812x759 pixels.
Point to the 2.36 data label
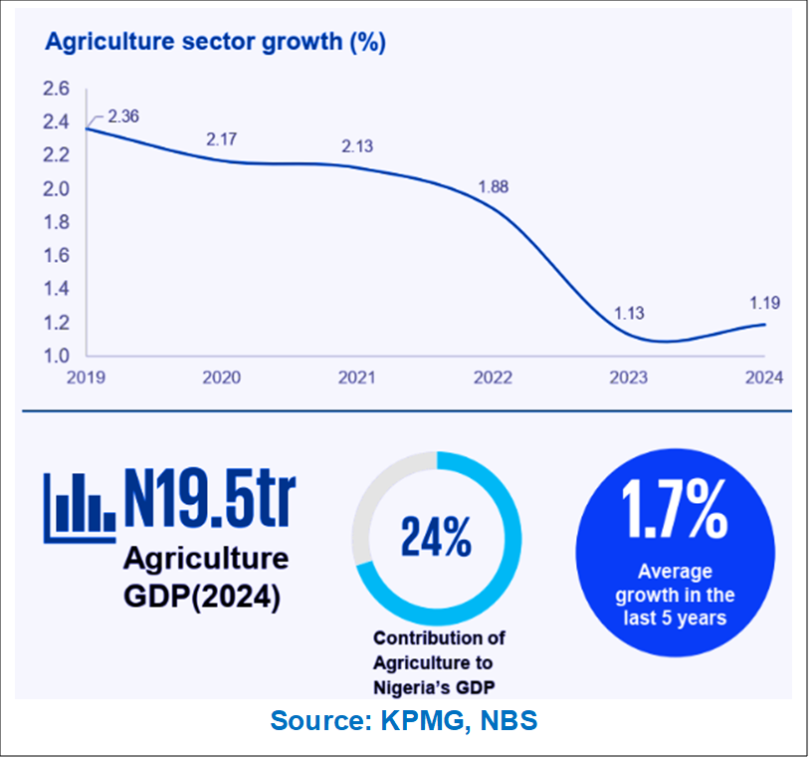click(122, 117)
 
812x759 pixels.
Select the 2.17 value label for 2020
click(222, 140)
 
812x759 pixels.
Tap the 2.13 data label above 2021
click(356, 146)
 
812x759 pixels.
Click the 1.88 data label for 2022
click(492, 186)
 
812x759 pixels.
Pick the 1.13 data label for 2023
click(628, 313)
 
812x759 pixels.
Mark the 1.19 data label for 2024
click(764, 303)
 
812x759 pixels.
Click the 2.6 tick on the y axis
click(56, 90)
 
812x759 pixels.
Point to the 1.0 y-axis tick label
click(56, 357)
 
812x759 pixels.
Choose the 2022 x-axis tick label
click(493, 379)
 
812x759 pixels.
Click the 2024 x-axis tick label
click(764, 379)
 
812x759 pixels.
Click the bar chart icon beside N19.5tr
click(77, 504)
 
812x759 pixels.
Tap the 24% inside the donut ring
click(436, 537)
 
